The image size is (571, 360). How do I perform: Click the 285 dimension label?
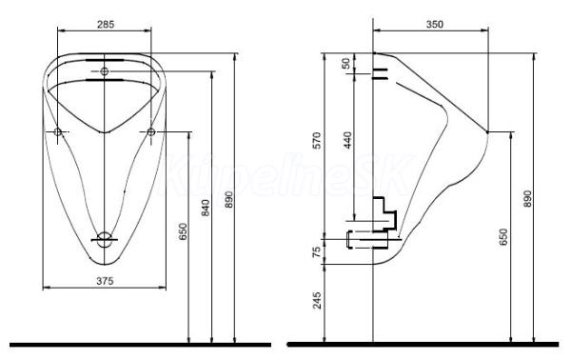click(106, 24)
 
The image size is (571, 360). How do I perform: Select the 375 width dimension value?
click(105, 281)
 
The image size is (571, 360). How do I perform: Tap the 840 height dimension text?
click(206, 208)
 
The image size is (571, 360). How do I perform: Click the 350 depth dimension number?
click(435, 24)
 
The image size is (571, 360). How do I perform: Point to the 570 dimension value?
click(317, 140)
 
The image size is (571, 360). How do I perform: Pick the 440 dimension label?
click(348, 140)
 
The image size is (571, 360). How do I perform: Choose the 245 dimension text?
click(317, 300)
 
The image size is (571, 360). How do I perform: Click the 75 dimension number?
click(317, 251)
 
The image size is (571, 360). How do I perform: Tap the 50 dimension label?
click(347, 64)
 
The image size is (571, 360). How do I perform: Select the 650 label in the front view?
click(182, 231)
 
